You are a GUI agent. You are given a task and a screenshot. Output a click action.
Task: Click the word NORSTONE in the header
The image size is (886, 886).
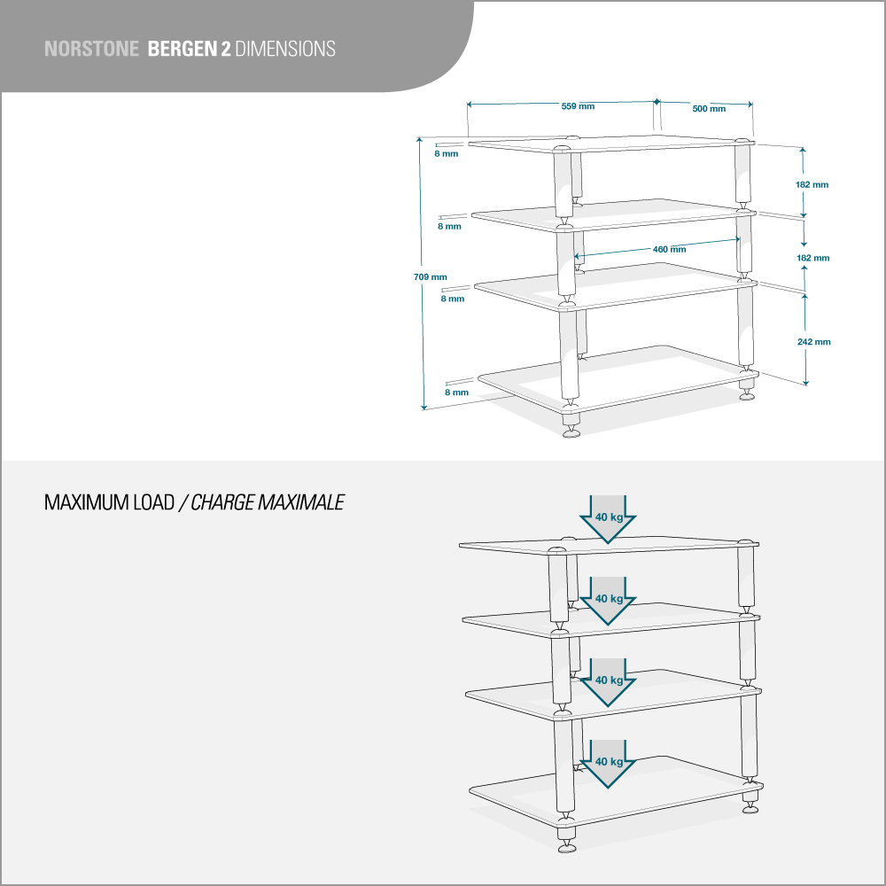(90, 49)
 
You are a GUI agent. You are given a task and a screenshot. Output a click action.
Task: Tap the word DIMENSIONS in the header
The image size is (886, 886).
(285, 49)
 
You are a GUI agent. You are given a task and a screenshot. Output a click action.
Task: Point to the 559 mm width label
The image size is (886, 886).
(578, 106)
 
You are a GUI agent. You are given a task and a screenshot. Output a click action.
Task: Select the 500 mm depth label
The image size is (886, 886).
(708, 108)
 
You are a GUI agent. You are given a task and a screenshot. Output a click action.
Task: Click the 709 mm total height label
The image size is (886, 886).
(430, 277)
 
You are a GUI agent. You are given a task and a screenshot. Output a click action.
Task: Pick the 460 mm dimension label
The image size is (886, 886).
(669, 249)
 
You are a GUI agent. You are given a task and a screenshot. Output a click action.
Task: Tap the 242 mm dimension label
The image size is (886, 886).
(812, 341)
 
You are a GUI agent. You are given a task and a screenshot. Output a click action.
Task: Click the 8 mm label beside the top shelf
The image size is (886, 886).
(446, 154)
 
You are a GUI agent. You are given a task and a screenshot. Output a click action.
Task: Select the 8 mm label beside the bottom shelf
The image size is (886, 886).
(456, 392)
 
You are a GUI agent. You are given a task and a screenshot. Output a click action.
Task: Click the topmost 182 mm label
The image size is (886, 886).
(812, 184)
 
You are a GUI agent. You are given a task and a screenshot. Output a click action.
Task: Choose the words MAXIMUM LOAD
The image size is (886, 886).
(109, 503)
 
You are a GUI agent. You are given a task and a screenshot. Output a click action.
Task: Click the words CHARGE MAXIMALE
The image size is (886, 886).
(267, 503)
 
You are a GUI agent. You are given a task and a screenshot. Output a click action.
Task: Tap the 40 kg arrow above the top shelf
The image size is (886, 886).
(609, 518)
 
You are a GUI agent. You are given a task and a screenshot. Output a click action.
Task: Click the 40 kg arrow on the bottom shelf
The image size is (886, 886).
(609, 762)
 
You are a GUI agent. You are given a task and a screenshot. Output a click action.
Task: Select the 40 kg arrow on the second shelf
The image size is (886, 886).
(609, 599)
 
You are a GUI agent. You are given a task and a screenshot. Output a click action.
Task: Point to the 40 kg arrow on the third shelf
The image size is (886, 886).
(609, 680)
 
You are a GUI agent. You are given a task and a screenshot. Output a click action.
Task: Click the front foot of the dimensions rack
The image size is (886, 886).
(571, 431)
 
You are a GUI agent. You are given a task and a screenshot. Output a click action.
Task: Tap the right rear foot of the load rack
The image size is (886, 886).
(750, 805)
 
